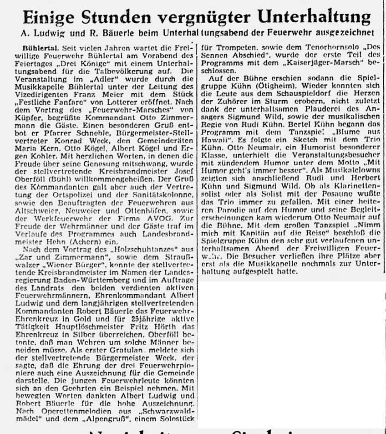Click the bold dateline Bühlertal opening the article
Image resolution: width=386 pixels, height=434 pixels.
(36, 47)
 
